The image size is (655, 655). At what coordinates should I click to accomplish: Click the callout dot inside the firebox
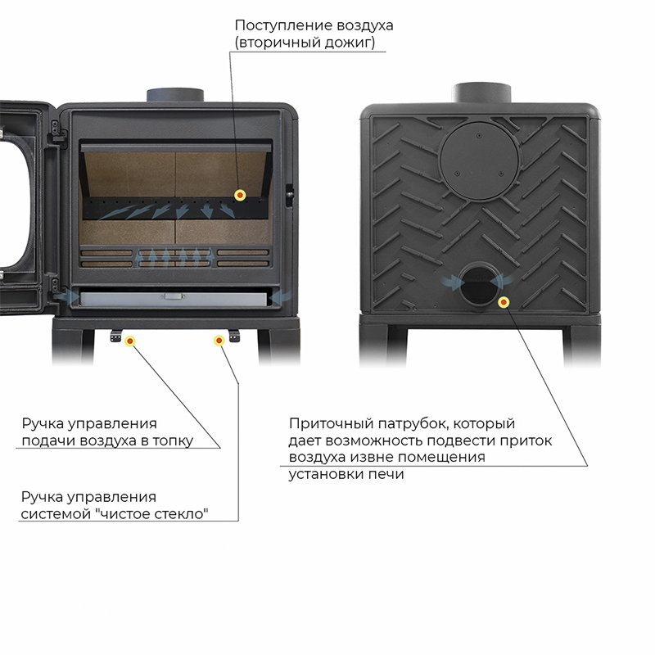click(x=240, y=195)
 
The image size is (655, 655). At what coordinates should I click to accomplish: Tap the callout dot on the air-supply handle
click(x=130, y=341)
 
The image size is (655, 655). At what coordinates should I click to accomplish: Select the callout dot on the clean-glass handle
click(x=219, y=341)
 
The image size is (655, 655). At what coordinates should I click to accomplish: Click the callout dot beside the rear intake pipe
click(x=504, y=301)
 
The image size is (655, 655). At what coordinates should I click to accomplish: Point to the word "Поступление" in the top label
click(x=283, y=26)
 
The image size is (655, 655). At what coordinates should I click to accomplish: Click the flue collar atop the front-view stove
click(x=175, y=95)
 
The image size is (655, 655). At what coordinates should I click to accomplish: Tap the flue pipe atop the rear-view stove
click(x=481, y=93)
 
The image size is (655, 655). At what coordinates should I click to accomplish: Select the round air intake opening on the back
click(x=479, y=284)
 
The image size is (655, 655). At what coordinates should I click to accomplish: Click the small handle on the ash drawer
click(x=174, y=296)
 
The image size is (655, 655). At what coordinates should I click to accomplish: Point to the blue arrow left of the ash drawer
click(x=66, y=297)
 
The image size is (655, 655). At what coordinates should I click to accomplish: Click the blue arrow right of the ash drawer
click(x=280, y=297)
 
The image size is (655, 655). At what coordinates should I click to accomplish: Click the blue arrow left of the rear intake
click(x=453, y=282)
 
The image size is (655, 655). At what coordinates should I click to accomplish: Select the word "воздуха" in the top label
click(x=365, y=26)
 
